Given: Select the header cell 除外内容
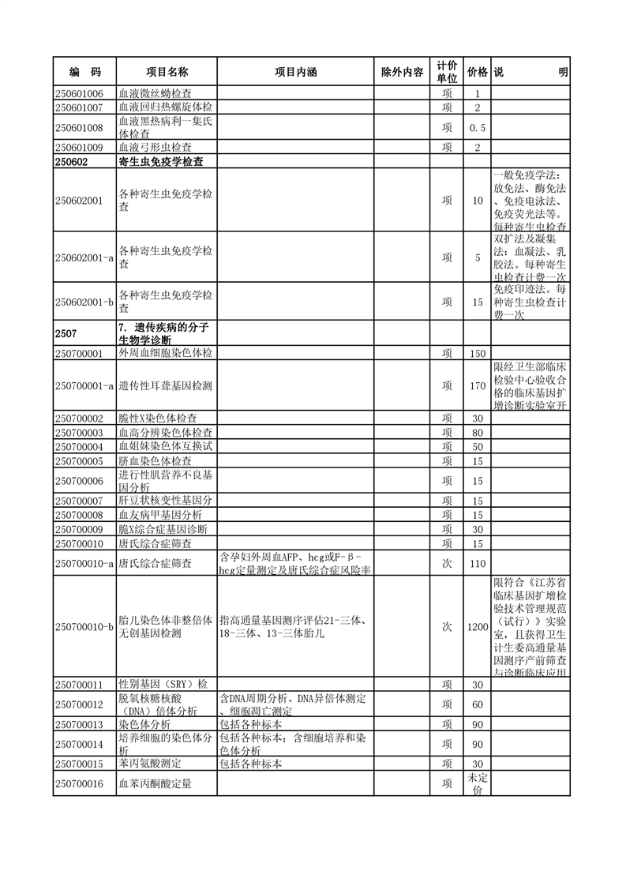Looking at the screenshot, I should coord(402,72).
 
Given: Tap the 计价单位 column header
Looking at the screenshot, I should coord(447,72).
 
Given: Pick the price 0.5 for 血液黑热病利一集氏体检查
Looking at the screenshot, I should coord(477,127).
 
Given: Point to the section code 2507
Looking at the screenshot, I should coord(67,333).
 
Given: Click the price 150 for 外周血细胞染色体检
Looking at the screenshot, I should coord(477,354).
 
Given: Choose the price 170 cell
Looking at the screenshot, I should coord(477,386).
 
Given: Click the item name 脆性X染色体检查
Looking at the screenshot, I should coord(158,419).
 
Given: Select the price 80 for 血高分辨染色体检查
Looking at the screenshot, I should coord(477,433).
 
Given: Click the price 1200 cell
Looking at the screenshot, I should coord(477,626).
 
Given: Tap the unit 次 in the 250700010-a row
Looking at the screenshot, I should coord(447,564).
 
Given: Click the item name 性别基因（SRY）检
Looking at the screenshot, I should coord(163,684).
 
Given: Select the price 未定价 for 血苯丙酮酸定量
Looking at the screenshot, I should coord(477,783).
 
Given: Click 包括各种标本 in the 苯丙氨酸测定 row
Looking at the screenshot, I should coord(250,764).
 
